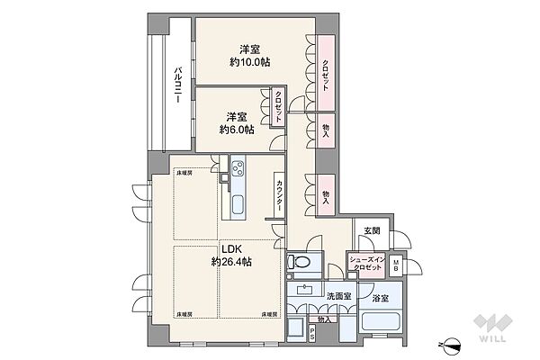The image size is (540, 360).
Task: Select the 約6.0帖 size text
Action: coord(237,130)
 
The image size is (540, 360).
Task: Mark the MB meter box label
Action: coord(397,263)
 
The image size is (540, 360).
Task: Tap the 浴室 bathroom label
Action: coord(378,297)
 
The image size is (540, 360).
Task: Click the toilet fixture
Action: coord(300,263)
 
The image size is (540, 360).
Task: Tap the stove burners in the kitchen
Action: coord(239,167)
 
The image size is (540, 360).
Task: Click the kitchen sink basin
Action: coord(238,205)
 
